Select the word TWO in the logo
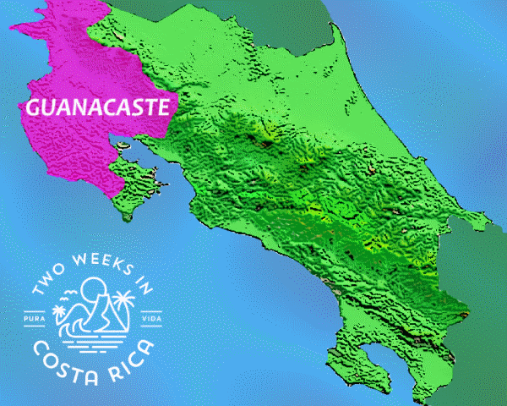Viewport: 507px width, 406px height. tap(47, 287)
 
